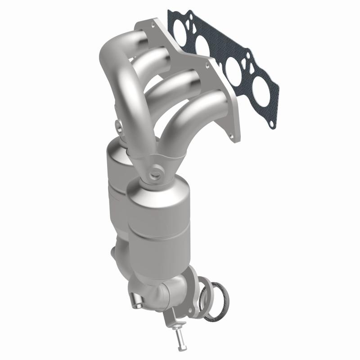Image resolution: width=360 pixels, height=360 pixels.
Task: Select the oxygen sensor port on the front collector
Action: pos(156,171)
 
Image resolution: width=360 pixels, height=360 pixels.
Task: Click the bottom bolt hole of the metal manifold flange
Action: pos(230,134)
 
